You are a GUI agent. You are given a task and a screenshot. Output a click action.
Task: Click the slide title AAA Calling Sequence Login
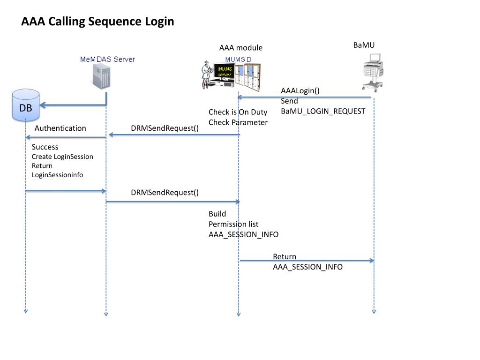(97, 22)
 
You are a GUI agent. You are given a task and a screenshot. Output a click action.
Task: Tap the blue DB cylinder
(26, 105)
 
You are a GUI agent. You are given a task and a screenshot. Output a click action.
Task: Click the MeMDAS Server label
(107, 59)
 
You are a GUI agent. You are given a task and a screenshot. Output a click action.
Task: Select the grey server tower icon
(102, 76)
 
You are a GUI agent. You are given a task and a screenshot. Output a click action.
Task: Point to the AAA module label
(241, 48)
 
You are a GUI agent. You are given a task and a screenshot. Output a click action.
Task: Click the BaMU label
(364, 45)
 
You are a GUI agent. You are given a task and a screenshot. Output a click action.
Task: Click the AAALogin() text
(300, 91)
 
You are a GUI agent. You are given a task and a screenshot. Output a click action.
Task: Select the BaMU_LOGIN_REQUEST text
(323, 112)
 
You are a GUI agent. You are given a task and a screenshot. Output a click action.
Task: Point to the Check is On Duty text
(238, 112)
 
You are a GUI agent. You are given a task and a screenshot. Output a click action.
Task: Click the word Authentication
(60, 128)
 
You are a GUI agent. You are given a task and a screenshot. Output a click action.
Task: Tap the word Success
(45, 147)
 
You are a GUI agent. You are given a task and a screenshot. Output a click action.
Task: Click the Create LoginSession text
(62, 157)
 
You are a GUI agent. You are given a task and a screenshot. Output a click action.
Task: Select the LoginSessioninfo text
(57, 175)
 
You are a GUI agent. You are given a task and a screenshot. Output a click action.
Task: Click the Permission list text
(233, 224)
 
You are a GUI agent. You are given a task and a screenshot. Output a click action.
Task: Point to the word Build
(217, 214)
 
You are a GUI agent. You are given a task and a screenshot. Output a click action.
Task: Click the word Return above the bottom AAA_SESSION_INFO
(285, 257)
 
